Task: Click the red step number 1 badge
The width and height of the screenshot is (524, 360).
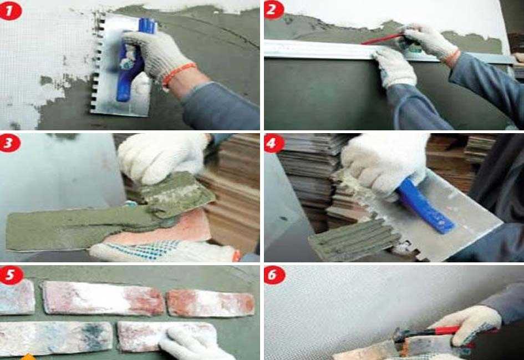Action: click(x=10, y=11)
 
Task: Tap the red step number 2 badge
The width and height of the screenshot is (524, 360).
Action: click(x=274, y=10)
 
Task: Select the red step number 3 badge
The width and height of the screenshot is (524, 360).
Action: click(x=9, y=143)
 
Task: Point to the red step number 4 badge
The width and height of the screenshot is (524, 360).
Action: click(x=274, y=144)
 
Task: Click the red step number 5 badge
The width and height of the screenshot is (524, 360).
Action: click(x=11, y=275)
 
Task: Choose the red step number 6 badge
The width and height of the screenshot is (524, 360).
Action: click(x=274, y=276)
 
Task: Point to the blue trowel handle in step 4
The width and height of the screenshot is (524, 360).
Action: click(x=424, y=206)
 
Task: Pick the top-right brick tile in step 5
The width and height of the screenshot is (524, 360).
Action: click(x=211, y=303)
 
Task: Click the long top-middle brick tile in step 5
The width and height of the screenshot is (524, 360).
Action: click(x=104, y=298)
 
